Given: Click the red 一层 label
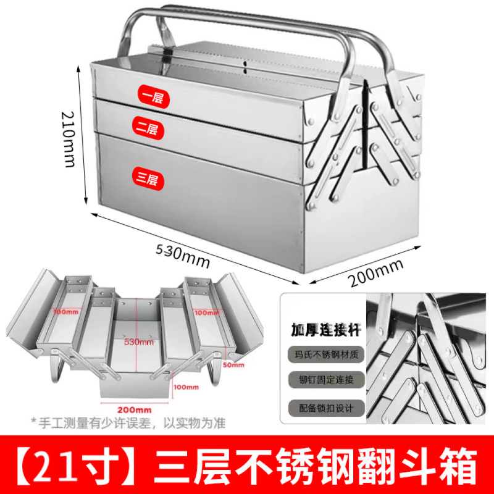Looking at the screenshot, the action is (x=153, y=97).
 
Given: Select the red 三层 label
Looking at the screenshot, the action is (x=148, y=179).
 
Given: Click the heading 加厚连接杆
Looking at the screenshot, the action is (x=325, y=328).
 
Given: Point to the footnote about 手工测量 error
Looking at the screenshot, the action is (x=120, y=424).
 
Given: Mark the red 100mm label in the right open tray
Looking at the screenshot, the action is (x=206, y=312).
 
